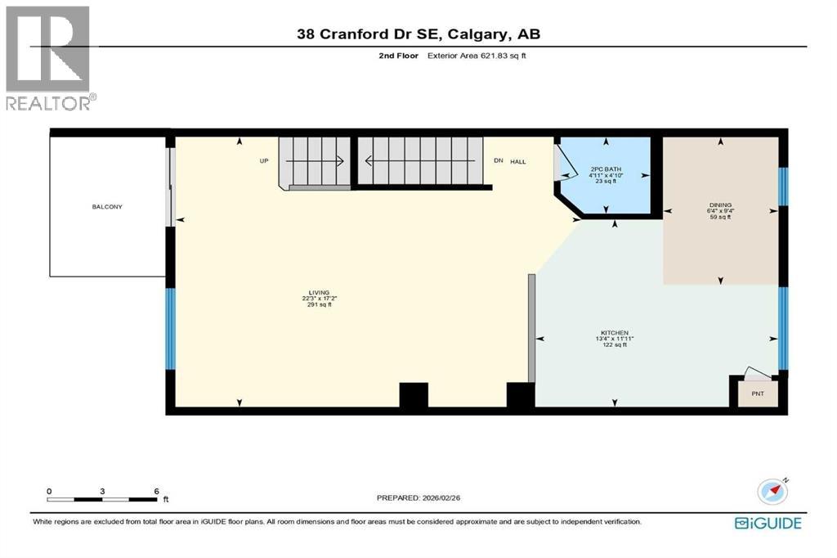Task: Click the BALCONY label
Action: [107, 207]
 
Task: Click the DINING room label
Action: [720, 205]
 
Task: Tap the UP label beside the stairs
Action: [264, 161]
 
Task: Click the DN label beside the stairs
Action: [498, 161]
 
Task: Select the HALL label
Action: [518, 161]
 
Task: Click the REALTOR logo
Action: [49, 57]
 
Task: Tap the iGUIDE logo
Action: [768, 523]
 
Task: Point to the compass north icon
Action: [772, 491]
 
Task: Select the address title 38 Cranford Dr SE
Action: [418, 34]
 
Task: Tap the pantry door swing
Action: [757, 374]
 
